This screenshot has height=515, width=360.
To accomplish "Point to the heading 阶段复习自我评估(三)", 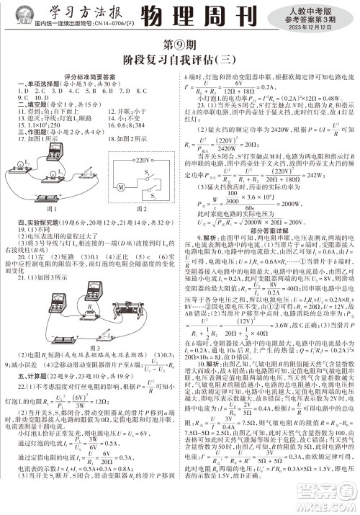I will click(179, 61).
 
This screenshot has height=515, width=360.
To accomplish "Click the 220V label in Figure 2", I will click(141, 161).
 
